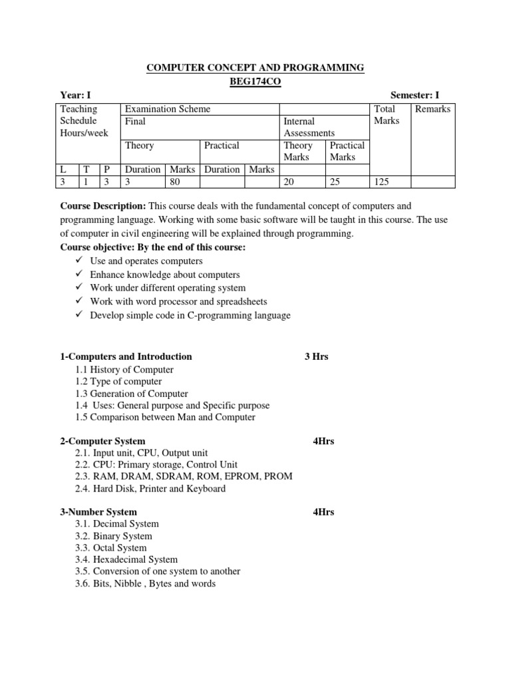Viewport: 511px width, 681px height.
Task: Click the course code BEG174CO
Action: [x=255, y=81]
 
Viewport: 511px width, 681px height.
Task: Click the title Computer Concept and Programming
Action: [x=255, y=68]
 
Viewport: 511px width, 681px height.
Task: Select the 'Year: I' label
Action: [x=71, y=96]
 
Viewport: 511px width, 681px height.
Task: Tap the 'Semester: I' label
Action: [x=415, y=96]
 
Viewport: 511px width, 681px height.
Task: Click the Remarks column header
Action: [x=432, y=109]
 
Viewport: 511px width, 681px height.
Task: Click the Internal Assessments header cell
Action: [x=309, y=127]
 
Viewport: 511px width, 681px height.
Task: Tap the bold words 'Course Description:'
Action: [x=103, y=207]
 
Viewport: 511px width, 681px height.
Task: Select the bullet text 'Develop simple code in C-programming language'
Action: [x=190, y=315]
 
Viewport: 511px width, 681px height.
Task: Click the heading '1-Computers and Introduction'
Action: [x=126, y=356]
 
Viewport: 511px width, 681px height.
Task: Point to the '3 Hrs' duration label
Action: [x=316, y=356]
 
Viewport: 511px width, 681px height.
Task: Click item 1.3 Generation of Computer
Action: [x=132, y=394]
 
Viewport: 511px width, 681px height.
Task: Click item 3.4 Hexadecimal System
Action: [x=126, y=560]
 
